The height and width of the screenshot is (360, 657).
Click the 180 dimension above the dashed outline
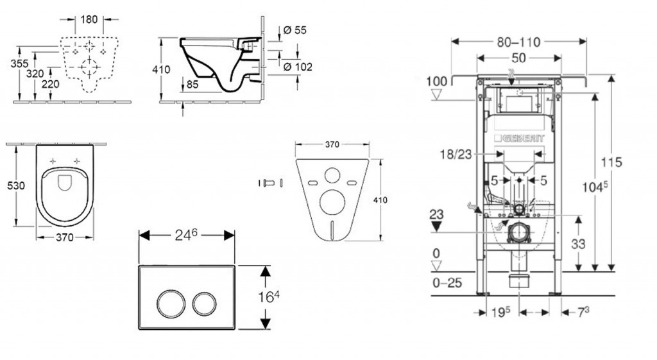click(89, 19)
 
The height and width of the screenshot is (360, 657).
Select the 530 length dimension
click(15, 185)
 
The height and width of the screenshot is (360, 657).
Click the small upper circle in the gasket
click(333, 176)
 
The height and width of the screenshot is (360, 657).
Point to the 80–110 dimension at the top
click(519, 42)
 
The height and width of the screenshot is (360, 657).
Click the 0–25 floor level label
click(448, 281)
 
